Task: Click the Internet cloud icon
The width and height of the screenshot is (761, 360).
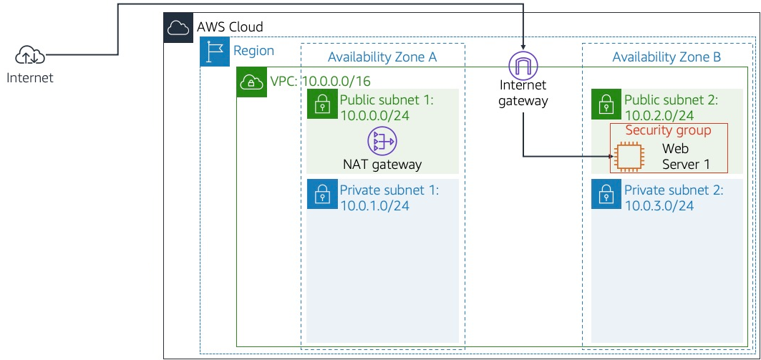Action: point(30,54)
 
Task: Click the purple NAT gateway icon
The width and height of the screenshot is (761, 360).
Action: point(382,141)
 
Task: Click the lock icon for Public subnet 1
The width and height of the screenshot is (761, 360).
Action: point(322,104)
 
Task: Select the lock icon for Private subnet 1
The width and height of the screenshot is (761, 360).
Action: point(322,194)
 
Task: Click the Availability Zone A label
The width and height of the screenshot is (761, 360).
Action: point(382,57)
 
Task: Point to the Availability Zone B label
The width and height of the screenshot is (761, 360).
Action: point(667,57)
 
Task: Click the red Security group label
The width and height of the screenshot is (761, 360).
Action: point(668,130)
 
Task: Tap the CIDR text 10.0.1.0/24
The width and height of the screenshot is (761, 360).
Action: point(374,206)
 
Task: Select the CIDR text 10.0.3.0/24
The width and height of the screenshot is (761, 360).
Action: point(659,206)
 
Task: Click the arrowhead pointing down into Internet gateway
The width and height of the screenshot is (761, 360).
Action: point(523,47)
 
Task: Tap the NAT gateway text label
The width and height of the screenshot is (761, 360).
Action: point(382,164)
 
